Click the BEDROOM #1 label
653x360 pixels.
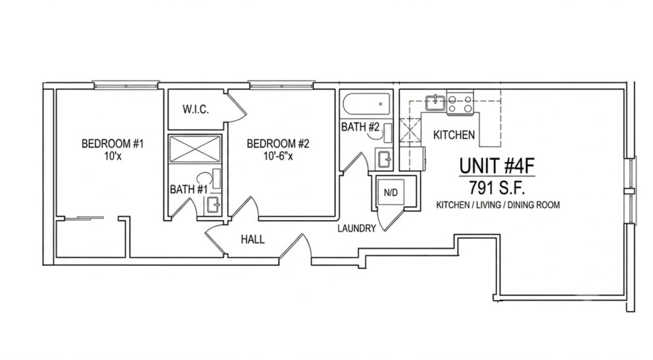[x=112, y=144]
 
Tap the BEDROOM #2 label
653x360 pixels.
[x=278, y=144]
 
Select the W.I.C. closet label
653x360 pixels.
[x=195, y=110]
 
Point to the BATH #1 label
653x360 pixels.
[x=189, y=189]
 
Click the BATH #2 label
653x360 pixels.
[x=360, y=126]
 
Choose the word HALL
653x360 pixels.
[x=252, y=239]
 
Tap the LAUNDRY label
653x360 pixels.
[x=357, y=228]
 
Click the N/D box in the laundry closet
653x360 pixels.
[x=391, y=192]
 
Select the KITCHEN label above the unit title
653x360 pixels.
[x=454, y=135]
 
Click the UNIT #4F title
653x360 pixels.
[x=496, y=166]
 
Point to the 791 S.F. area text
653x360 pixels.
[x=496, y=188]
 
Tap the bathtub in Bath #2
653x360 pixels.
[x=366, y=103]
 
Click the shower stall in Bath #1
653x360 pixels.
[x=195, y=149]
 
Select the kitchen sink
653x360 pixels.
[x=435, y=102]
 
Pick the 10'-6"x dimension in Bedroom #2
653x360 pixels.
[x=278, y=157]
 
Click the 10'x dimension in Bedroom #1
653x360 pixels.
[x=112, y=157]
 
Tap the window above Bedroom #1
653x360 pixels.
[x=126, y=85]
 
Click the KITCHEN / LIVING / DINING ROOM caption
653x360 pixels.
[x=498, y=205]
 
